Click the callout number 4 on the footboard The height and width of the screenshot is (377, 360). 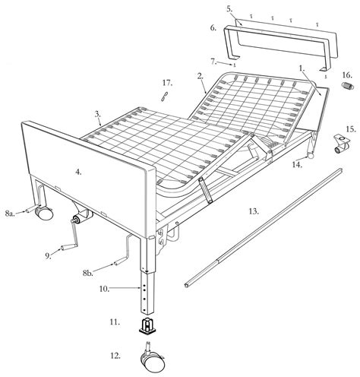coord(78,172)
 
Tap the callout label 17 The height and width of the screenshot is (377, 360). coord(168,83)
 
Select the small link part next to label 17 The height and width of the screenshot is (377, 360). coord(165,97)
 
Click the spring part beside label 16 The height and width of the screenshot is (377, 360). coord(347,86)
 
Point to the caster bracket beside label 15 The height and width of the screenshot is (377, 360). coord(342,144)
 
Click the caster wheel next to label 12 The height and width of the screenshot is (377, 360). coord(153,359)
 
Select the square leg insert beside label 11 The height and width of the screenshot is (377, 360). coord(147,326)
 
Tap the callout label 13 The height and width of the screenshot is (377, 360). coord(254,211)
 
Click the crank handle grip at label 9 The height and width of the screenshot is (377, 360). coord(66,247)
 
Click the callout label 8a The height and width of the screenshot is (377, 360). coord(10,214)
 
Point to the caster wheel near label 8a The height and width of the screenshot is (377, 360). coord(44,212)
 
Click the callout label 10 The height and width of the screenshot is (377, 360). coord(104,289)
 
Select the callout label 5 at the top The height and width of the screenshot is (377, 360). coord(229,9)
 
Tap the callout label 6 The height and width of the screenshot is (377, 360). coord(213,27)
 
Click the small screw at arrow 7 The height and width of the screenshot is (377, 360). coord(235,65)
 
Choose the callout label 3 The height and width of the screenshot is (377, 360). coord(98,114)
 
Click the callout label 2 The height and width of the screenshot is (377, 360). coord(201,76)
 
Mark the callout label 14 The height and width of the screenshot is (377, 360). coord(297,165)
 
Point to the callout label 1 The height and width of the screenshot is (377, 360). coord(302,68)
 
